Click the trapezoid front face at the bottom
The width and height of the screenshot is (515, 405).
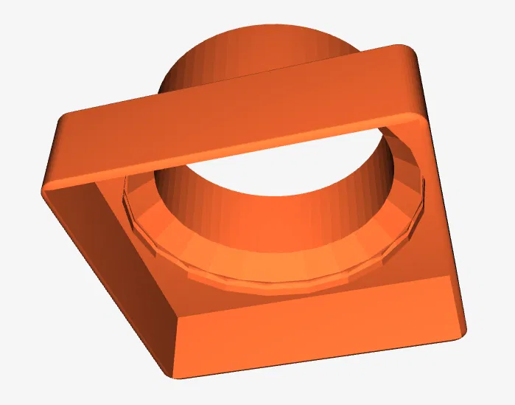pyautogui.click(x=317, y=325)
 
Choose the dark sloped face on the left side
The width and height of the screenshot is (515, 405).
pyautogui.click(x=111, y=266)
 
